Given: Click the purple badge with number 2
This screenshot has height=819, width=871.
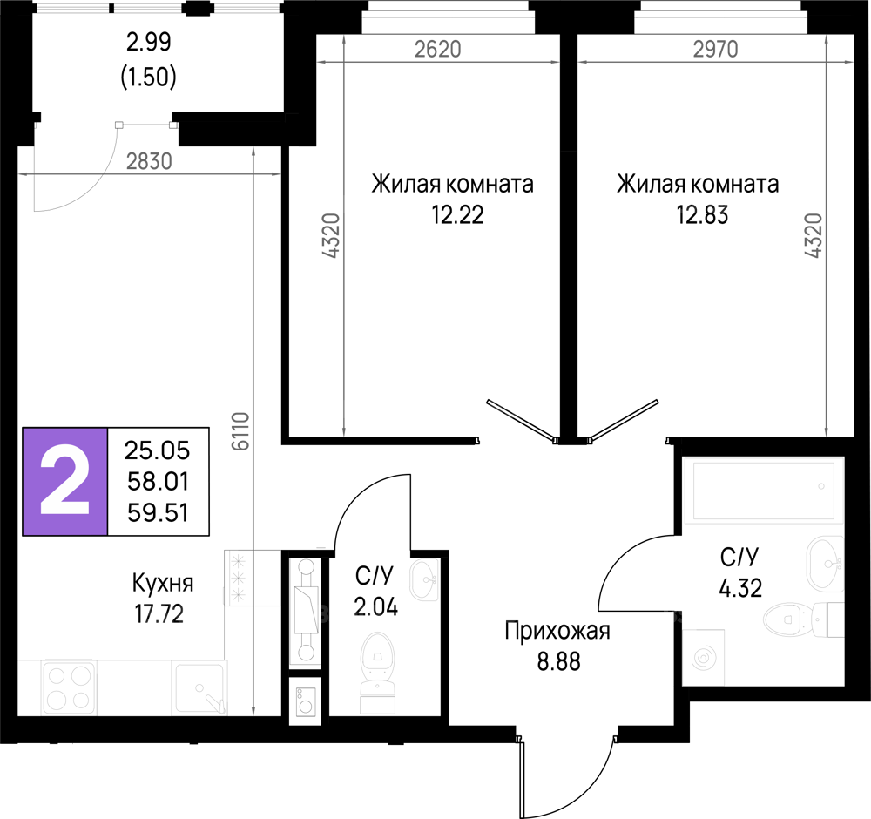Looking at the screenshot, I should [65, 481].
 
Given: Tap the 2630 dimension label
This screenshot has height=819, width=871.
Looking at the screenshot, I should [149, 161].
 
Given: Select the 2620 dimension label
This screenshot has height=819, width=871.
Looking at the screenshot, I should [437, 50].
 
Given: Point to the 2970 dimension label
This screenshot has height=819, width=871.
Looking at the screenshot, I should [715, 50].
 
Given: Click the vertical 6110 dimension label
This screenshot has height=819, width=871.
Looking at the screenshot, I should [241, 431].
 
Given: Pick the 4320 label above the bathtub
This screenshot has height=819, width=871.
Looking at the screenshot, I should [814, 235].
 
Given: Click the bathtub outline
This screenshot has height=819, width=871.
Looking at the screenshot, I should [763, 491].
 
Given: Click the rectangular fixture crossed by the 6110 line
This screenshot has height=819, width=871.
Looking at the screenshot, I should [253, 578].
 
